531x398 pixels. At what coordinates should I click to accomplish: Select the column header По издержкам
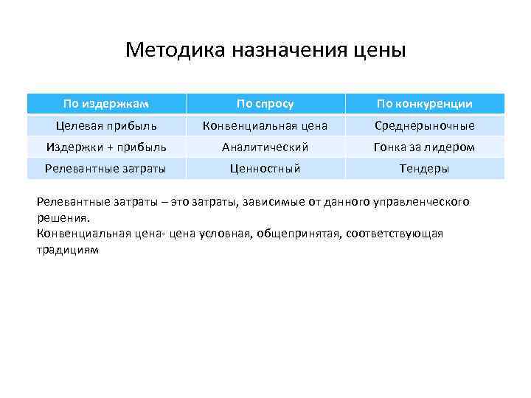[105, 103]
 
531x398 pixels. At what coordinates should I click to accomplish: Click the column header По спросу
[265, 103]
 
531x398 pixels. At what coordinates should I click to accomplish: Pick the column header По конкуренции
[425, 103]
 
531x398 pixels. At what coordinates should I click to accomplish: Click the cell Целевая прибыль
[105, 125]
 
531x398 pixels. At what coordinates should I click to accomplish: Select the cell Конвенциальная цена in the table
[265, 125]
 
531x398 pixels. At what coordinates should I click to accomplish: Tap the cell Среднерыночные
[425, 125]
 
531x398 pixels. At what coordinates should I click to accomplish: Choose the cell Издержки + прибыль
[105, 147]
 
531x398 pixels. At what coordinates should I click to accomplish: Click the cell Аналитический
[265, 147]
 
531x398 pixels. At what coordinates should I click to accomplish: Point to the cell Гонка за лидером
[425, 147]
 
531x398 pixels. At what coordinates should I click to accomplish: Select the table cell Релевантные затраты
[105, 169]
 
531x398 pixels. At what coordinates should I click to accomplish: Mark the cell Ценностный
[265, 169]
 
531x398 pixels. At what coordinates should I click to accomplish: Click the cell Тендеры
[425, 169]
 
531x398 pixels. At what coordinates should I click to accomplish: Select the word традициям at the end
[66, 250]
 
